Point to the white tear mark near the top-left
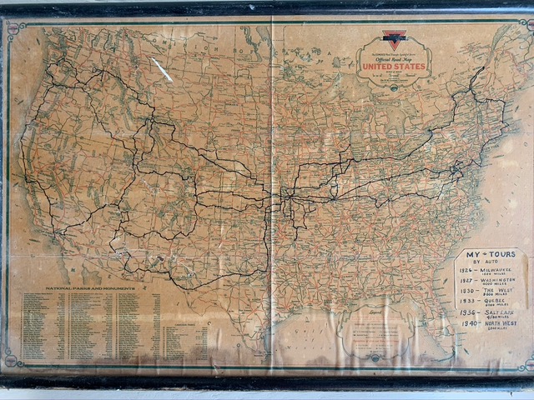pyautogui.click(x=162, y=70)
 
